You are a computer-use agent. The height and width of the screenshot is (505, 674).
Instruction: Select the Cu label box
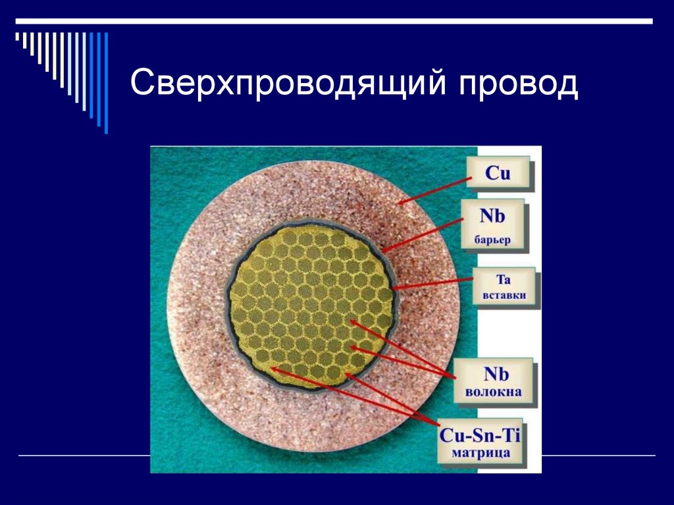tap(498, 173)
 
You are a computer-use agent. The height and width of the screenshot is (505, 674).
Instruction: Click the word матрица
tap(480, 453)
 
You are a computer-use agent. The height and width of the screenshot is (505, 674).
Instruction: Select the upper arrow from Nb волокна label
tap(402, 349)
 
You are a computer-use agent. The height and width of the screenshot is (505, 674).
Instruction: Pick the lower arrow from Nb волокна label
tap(402, 362)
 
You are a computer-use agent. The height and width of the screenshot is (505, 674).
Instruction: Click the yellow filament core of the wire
tap(309, 303)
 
